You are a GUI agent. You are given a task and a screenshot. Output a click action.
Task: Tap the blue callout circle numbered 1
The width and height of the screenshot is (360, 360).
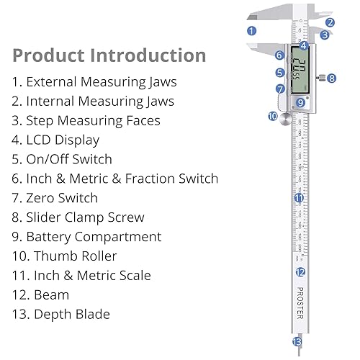[x=251, y=30]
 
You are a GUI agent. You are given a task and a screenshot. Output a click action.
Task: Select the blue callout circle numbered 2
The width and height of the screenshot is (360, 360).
[x=330, y=22]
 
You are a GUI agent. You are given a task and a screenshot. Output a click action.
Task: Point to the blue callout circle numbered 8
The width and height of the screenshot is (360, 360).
[x=331, y=78]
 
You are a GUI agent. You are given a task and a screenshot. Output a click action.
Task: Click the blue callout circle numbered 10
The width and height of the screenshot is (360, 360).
[x=273, y=115]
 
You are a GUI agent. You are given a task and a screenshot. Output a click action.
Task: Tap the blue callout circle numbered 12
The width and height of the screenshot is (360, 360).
[x=300, y=271]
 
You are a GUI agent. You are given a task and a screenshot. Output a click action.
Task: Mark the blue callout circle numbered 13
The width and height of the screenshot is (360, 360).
[x=297, y=342]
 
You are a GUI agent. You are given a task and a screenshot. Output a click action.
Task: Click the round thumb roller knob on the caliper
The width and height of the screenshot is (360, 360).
[x=287, y=117]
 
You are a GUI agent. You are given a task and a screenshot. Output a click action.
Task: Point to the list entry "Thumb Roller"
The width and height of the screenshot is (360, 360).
[x=75, y=256]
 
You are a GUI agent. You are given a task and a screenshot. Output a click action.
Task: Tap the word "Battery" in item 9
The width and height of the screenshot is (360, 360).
[x=52, y=236]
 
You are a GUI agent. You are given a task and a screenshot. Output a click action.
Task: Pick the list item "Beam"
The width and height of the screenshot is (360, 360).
[x=51, y=294]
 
